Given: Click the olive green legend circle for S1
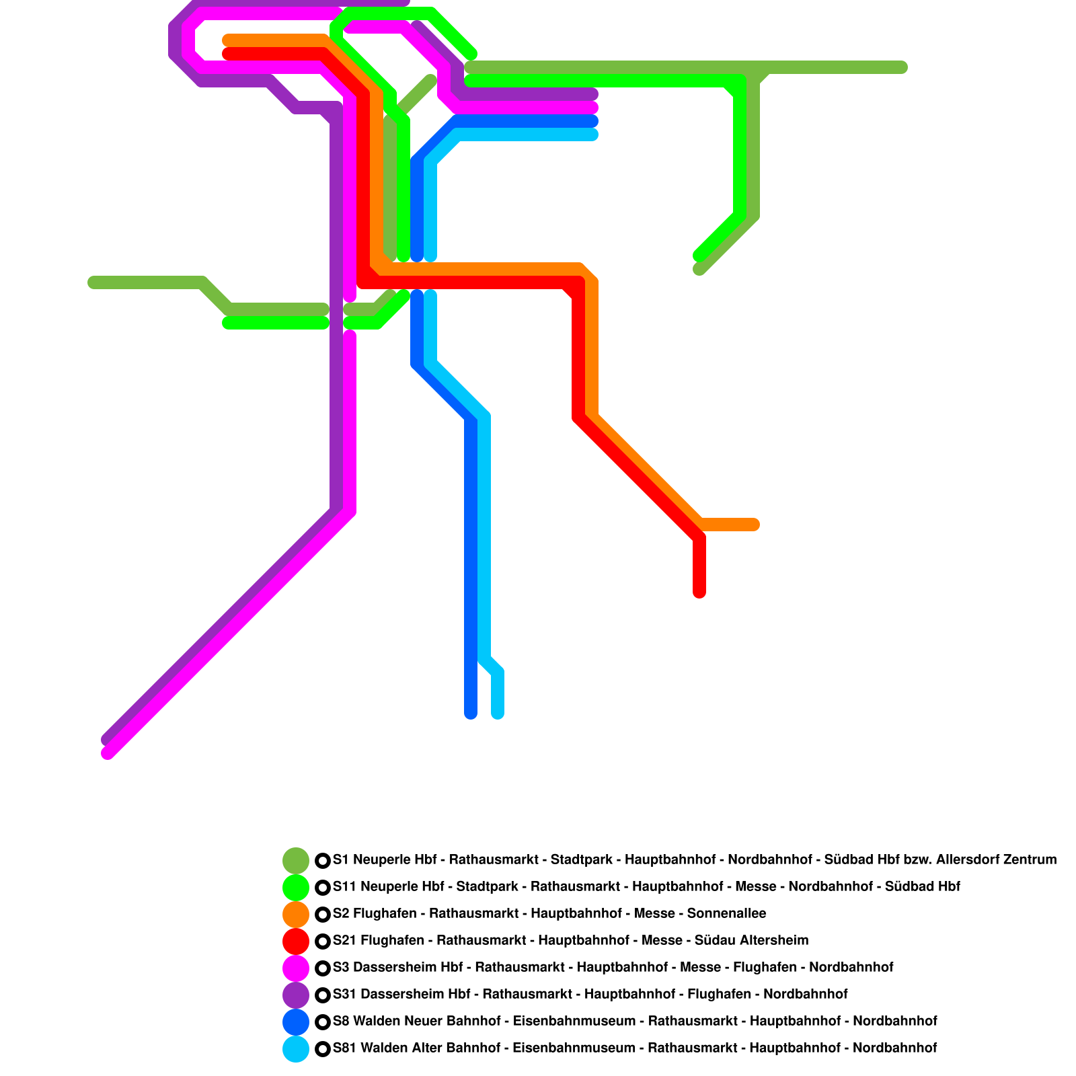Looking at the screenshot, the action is click(x=296, y=860).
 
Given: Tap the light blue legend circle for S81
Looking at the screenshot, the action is click(x=296, y=1048).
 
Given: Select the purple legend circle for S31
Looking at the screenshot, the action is click(x=296, y=995).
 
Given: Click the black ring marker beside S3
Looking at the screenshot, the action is click(x=323, y=968).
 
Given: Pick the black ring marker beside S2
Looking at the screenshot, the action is click(x=323, y=914).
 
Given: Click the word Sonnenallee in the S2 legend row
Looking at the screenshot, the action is click(x=726, y=913).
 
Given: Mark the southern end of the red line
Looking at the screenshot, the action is click(x=699, y=592).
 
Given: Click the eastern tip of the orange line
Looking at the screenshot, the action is click(x=755, y=525).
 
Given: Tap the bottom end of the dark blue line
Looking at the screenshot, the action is click(x=471, y=713).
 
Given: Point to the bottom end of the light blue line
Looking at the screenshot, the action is click(x=498, y=713).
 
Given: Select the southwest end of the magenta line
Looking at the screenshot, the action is click(x=108, y=753).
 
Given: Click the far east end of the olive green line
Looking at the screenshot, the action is click(x=902, y=67).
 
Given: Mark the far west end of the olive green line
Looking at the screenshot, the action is click(x=93, y=282).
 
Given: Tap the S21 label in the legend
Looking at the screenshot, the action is click(x=344, y=940).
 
